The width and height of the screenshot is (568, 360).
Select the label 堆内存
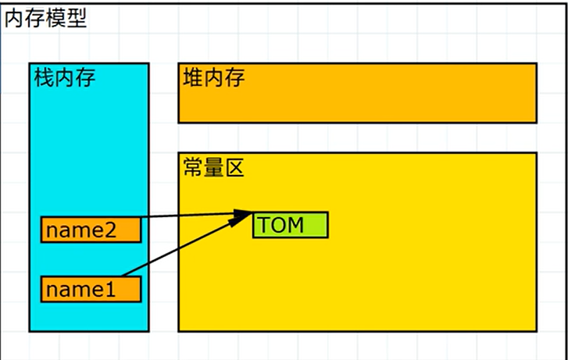coord(214,78)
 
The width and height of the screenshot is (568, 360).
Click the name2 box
coord(91,230)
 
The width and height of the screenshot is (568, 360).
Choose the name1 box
coord(91,289)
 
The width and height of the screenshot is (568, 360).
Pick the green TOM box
coord(290,225)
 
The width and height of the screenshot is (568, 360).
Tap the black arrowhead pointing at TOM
coord(242,216)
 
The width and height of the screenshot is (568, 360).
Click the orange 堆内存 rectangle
coord(391,98)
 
